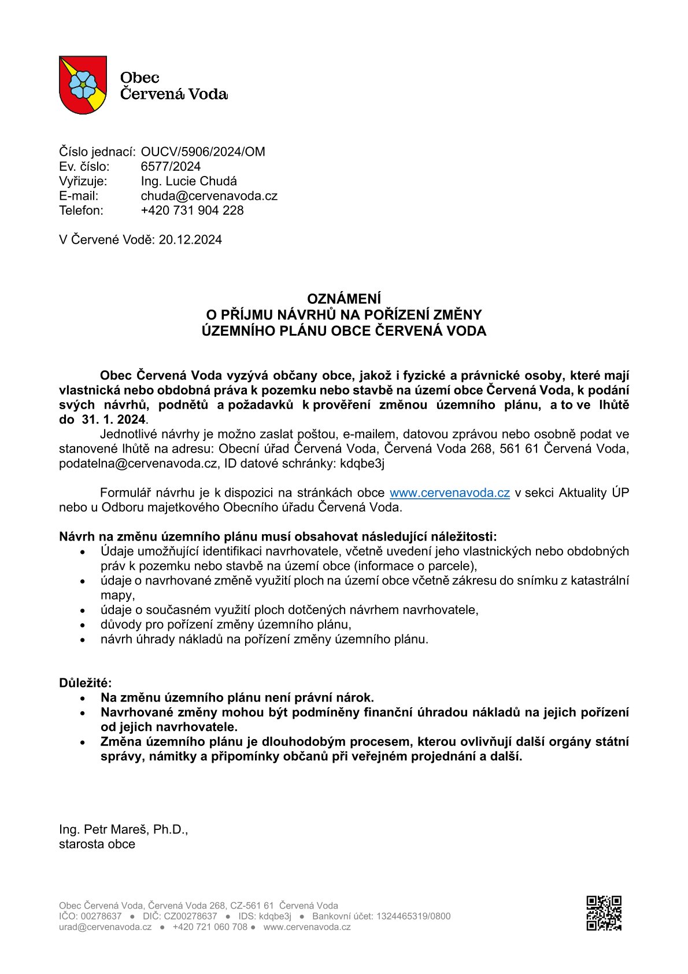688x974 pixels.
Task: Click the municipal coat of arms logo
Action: click(x=83, y=84)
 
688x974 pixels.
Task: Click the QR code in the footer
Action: click(x=604, y=913)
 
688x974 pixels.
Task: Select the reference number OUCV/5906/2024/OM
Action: click(x=203, y=152)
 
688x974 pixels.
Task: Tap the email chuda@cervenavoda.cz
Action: click(x=209, y=196)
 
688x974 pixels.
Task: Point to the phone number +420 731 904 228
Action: click(x=192, y=210)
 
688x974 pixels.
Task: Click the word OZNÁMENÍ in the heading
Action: click(x=344, y=299)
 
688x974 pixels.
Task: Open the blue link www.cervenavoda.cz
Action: click(x=449, y=492)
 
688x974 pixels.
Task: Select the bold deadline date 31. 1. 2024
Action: click(x=112, y=420)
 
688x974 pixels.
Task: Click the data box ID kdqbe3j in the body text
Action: click(x=362, y=463)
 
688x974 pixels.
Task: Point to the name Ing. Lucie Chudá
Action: click(x=188, y=181)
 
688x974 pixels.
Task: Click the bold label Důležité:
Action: click(x=86, y=683)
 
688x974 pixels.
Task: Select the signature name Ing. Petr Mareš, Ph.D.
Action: click(x=123, y=829)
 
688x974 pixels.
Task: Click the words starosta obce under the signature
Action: click(x=97, y=844)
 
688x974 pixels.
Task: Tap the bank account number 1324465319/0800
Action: click(x=413, y=916)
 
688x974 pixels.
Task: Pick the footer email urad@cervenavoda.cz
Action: click(x=105, y=927)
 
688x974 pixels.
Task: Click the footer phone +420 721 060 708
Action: click(x=210, y=927)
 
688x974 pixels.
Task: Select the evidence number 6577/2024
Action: click(x=171, y=167)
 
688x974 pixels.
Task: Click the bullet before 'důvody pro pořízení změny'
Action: click(x=84, y=625)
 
